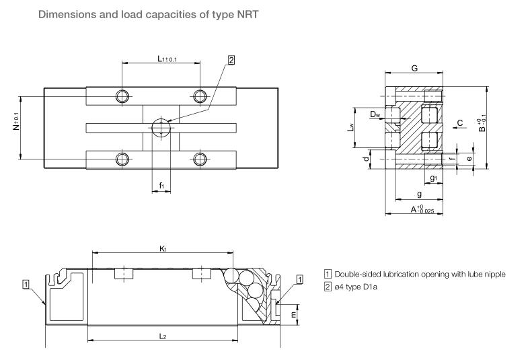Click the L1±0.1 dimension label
tap(166, 59)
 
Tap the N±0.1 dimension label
tap(16, 125)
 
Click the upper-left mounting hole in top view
tap(122, 96)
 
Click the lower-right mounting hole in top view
tap(199, 159)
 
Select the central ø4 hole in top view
tap(161, 126)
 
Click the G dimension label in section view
tap(414, 68)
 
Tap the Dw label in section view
tap(375, 115)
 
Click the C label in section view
tap(459, 122)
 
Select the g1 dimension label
tap(434, 178)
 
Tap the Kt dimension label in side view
tap(162, 248)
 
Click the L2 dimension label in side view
tap(162, 335)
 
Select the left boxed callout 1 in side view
tap(26, 285)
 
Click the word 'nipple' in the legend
tap(492, 275)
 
